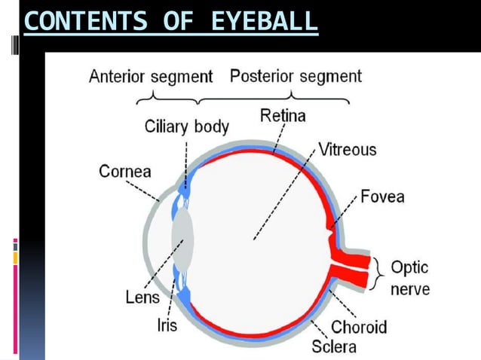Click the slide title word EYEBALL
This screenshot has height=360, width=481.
[265, 21]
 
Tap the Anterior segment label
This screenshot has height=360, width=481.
[151, 77]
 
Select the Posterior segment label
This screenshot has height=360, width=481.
[296, 76]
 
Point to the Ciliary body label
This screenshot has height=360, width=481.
[186, 127]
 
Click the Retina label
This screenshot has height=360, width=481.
[283, 115]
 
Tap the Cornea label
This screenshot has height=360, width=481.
[125, 171]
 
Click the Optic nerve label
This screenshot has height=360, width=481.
[410, 279]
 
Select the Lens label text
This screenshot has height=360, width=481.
[142, 297]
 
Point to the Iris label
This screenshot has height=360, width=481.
[167, 325]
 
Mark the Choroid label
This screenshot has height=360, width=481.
[359, 327]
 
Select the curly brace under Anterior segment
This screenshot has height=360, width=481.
[167, 99]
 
